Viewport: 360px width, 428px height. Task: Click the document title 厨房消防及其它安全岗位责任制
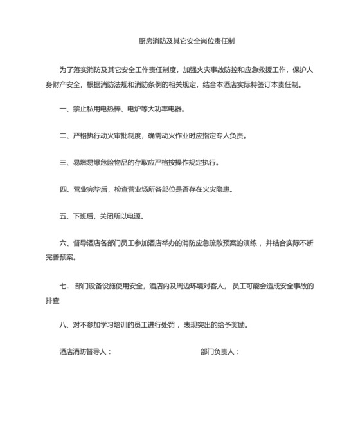(x=186, y=41)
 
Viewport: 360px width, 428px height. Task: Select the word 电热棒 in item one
(x=115, y=109)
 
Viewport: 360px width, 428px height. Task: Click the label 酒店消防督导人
(x=84, y=352)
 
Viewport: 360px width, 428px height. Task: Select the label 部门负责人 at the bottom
(x=219, y=352)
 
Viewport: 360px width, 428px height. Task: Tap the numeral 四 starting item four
(x=63, y=189)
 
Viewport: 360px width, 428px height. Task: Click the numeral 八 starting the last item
(x=63, y=325)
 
